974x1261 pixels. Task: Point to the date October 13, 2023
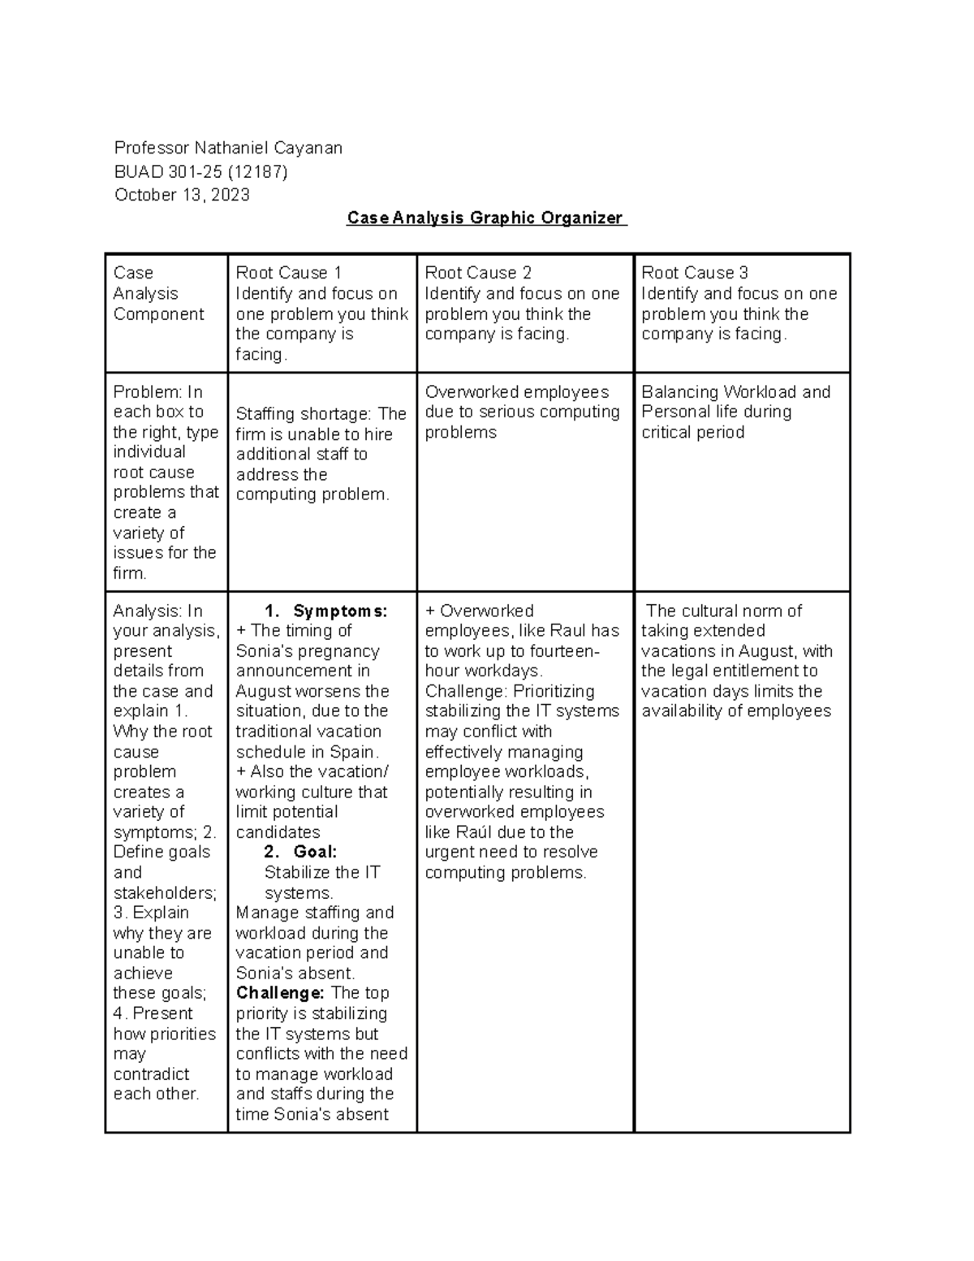(x=182, y=195)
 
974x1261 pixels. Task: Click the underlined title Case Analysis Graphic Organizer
(x=486, y=218)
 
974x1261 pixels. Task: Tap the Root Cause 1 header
(x=289, y=273)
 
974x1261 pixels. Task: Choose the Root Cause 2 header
(x=478, y=273)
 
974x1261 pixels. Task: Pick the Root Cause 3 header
(x=695, y=273)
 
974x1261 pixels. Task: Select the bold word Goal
(x=315, y=852)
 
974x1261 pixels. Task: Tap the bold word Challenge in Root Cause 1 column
(x=280, y=993)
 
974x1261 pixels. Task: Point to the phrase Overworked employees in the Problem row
(x=516, y=392)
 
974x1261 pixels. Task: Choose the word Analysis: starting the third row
(x=149, y=611)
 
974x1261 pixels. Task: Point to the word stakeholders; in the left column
(x=165, y=892)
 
